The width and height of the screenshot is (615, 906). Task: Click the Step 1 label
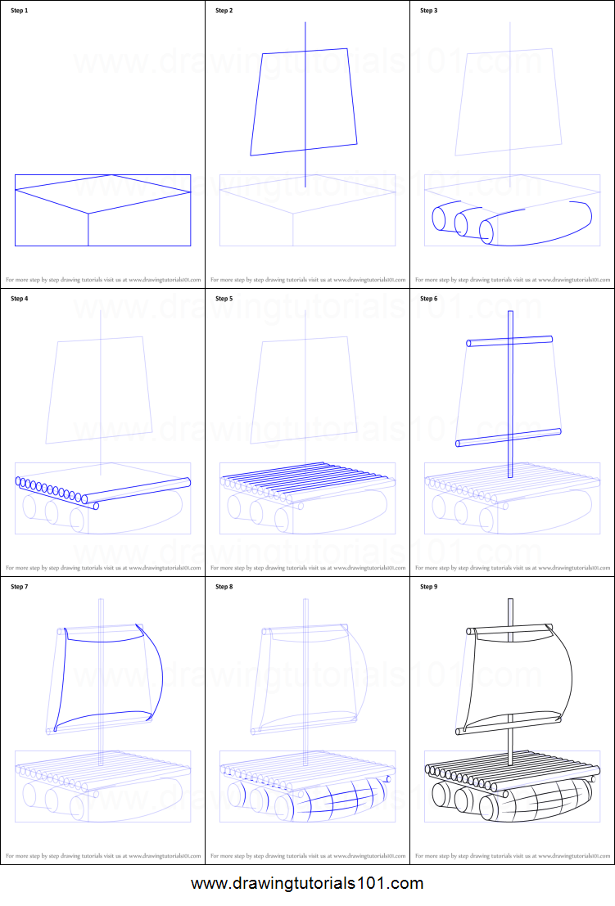tap(19, 11)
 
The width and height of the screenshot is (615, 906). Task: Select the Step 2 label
tap(224, 11)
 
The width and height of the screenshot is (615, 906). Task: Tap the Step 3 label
tap(428, 11)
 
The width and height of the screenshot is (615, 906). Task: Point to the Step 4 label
tap(19, 299)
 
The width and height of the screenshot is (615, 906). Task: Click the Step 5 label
tap(224, 299)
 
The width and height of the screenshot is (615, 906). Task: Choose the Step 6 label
tap(428, 299)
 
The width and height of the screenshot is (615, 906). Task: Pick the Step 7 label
tap(19, 587)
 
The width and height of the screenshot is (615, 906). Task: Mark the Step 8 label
tap(224, 587)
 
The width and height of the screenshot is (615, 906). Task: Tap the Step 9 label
tap(428, 587)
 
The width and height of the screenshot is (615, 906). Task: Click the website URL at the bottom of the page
tap(307, 884)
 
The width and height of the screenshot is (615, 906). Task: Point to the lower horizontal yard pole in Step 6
tap(508, 437)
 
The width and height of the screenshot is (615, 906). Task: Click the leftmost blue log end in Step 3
tap(439, 220)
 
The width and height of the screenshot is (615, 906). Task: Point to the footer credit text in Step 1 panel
tap(102, 280)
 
